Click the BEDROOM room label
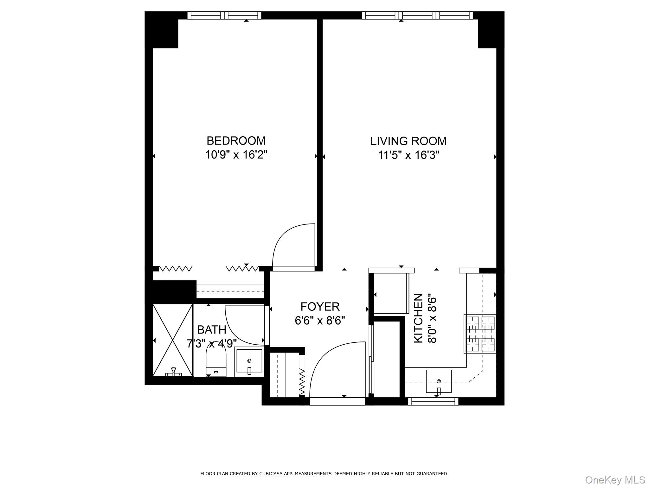coord(236,140)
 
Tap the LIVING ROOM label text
coord(408,141)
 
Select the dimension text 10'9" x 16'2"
coord(236,155)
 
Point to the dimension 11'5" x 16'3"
coord(408,155)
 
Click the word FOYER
coord(320,307)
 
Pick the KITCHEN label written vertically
coord(419,318)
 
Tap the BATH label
coord(211,330)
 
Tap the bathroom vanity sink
coord(249,361)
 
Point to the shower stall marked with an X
coord(173,340)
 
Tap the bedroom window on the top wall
coord(224,15)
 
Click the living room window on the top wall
coord(417,15)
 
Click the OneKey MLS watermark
coord(615,480)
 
